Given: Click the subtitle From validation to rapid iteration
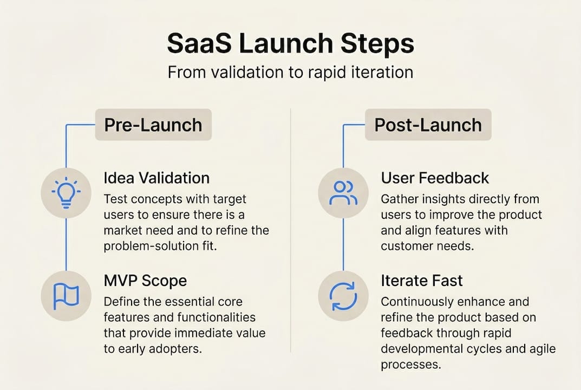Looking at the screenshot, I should tap(290, 72).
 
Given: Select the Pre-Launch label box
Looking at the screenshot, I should tap(153, 125).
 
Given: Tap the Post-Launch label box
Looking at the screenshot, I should tap(428, 125).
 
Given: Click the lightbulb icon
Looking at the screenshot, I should tap(66, 193).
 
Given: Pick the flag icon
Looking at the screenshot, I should tap(66, 295).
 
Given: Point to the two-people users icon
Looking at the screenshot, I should tap(343, 193).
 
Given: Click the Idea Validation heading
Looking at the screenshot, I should tap(156, 178).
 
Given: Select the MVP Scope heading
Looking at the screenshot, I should tap(145, 281).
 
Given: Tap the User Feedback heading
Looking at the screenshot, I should tap(435, 178).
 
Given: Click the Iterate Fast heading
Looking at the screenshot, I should tap(422, 281).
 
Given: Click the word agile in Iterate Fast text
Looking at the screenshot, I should tap(543, 349).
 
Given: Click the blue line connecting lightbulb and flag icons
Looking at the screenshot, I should tap(66, 244).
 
